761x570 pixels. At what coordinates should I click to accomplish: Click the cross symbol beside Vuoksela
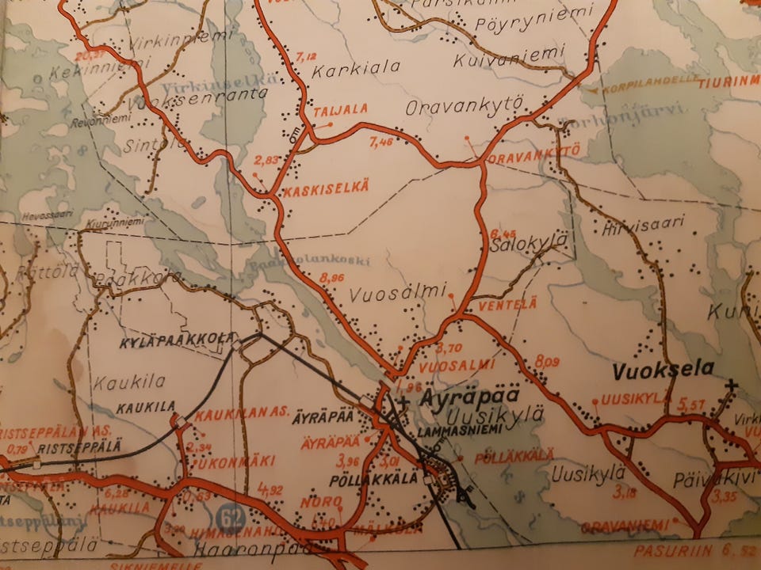pos(731,386)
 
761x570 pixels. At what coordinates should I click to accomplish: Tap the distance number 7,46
pos(381,142)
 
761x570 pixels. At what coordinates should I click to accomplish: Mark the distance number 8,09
pos(547,362)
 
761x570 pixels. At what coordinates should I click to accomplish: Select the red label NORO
pos(321,503)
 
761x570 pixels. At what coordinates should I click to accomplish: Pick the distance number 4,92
pos(270,488)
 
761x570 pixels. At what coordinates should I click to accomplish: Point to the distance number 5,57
pos(691,405)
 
